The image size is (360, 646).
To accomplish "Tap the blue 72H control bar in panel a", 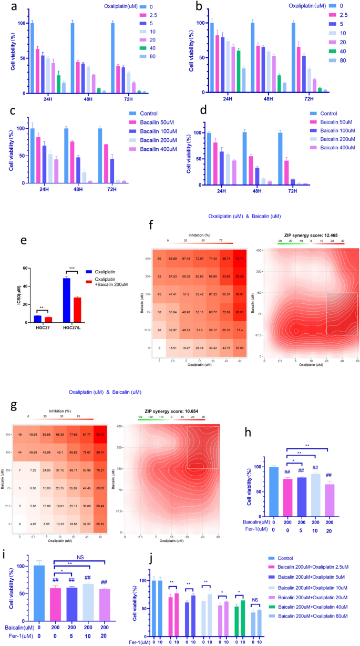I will [112, 58].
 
